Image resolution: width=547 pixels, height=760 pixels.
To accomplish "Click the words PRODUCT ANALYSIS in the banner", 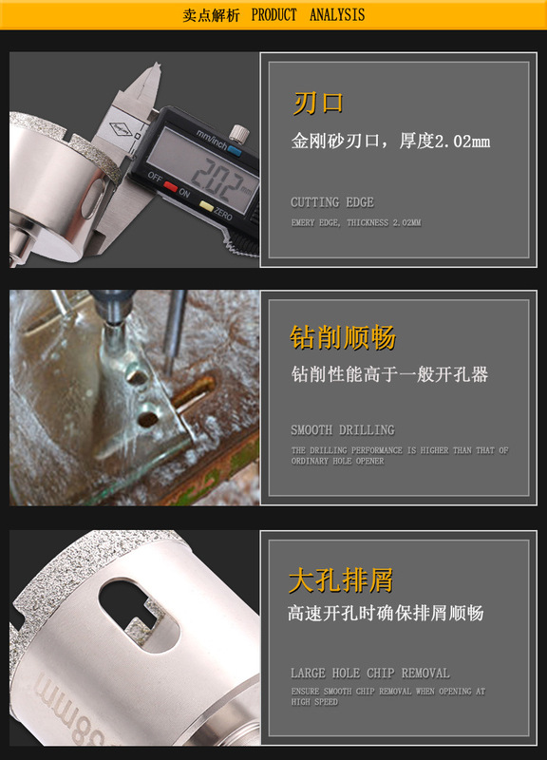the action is click(308, 15).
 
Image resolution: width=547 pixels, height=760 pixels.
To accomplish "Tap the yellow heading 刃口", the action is click(318, 104).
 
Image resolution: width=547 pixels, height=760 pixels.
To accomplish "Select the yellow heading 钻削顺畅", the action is click(343, 337).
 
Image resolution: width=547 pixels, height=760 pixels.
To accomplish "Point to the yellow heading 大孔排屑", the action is click(341, 580).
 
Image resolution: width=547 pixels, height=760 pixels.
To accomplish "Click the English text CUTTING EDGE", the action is click(332, 202).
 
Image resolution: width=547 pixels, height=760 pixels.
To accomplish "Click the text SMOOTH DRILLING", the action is click(343, 430).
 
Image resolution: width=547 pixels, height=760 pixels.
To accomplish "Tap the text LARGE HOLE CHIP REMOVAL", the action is click(370, 673).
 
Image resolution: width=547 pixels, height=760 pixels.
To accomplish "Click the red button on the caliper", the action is click(170, 186).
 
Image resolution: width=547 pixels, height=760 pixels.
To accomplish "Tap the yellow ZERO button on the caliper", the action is click(207, 206).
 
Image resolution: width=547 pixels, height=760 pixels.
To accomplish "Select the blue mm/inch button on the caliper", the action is click(235, 151).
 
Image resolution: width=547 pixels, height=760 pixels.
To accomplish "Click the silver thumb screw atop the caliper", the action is click(239, 133).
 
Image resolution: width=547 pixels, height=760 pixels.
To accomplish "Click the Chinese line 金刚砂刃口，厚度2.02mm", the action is click(390, 141).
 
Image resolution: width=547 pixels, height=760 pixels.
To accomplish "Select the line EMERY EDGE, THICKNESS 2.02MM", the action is click(356, 222).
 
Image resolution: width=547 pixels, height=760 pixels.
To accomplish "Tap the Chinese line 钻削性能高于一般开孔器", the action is click(389, 374).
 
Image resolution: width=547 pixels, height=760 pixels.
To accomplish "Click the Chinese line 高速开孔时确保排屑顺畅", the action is click(386, 613).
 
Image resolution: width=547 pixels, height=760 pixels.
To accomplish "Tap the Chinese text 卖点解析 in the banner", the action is click(211, 15).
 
